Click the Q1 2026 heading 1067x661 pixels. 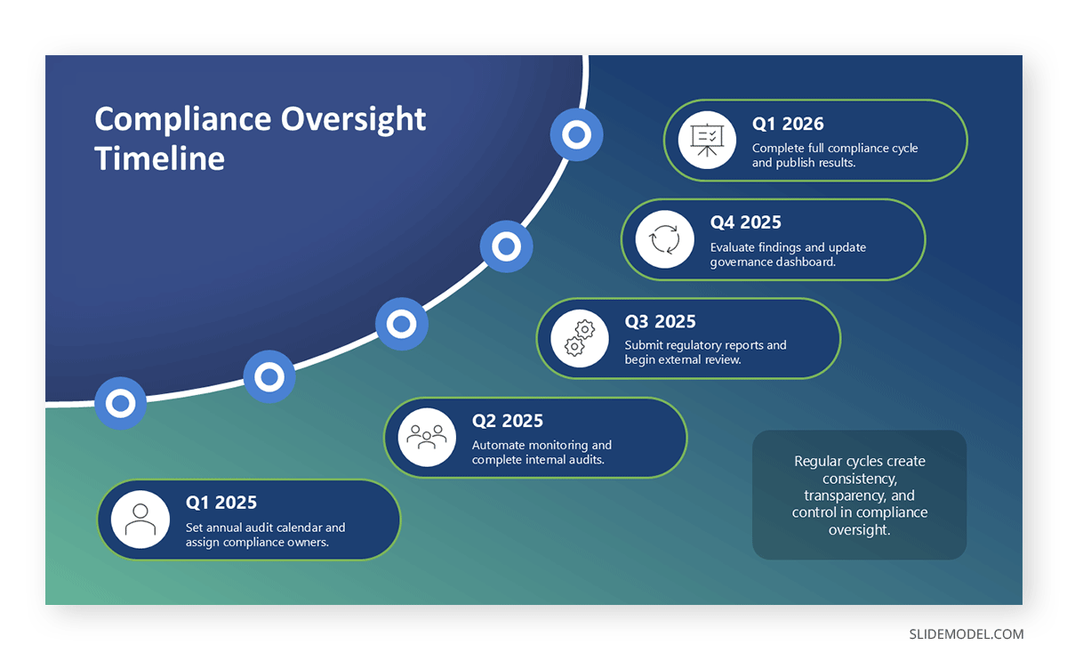coord(788,124)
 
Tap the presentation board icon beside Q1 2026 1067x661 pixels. coord(707,140)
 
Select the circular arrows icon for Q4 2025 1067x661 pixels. coord(664,239)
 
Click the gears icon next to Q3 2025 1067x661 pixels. coord(580,339)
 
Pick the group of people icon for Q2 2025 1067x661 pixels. coord(427,437)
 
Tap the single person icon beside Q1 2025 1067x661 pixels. coord(140,520)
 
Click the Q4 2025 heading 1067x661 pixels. coord(745,222)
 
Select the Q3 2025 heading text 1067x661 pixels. coord(660,321)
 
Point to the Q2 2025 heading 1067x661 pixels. coord(507,421)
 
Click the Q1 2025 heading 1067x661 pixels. coord(221,503)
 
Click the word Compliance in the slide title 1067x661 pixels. coord(182,119)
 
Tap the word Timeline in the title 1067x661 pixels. coord(159,158)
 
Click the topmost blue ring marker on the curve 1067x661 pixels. coord(576,135)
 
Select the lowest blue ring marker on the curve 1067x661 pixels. coord(120,403)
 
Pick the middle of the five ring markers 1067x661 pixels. coord(402,324)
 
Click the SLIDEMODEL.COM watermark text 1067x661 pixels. coord(966,634)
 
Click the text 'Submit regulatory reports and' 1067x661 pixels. coord(705,345)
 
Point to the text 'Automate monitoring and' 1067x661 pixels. coord(542,445)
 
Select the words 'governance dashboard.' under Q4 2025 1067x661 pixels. coord(773,262)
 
